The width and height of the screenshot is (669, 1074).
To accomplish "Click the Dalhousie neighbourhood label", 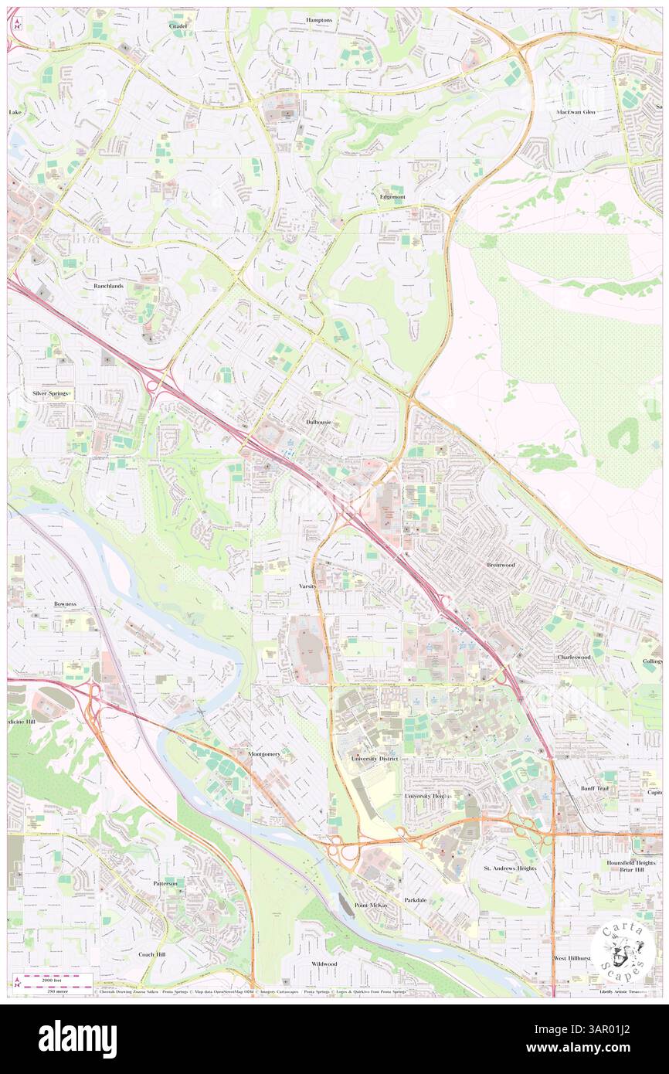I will tap(318, 423).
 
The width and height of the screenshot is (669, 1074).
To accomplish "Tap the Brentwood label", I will tap(501, 565).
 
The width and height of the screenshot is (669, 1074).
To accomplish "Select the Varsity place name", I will tap(308, 586).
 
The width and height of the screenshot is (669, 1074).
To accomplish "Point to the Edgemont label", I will tap(392, 197).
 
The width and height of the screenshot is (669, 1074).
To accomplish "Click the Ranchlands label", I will tap(108, 286).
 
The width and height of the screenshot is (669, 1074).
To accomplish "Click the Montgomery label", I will tap(264, 753).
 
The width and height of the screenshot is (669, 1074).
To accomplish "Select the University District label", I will tap(374, 759).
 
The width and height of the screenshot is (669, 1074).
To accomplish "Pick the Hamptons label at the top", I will tap(318, 20).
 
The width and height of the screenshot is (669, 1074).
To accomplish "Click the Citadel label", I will tap(178, 25).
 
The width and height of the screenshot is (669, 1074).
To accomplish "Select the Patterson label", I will tap(165, 883).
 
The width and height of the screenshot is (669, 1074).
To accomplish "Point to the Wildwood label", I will tap(324, 964).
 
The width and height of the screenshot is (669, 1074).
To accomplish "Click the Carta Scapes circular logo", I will tap(623, 948).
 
